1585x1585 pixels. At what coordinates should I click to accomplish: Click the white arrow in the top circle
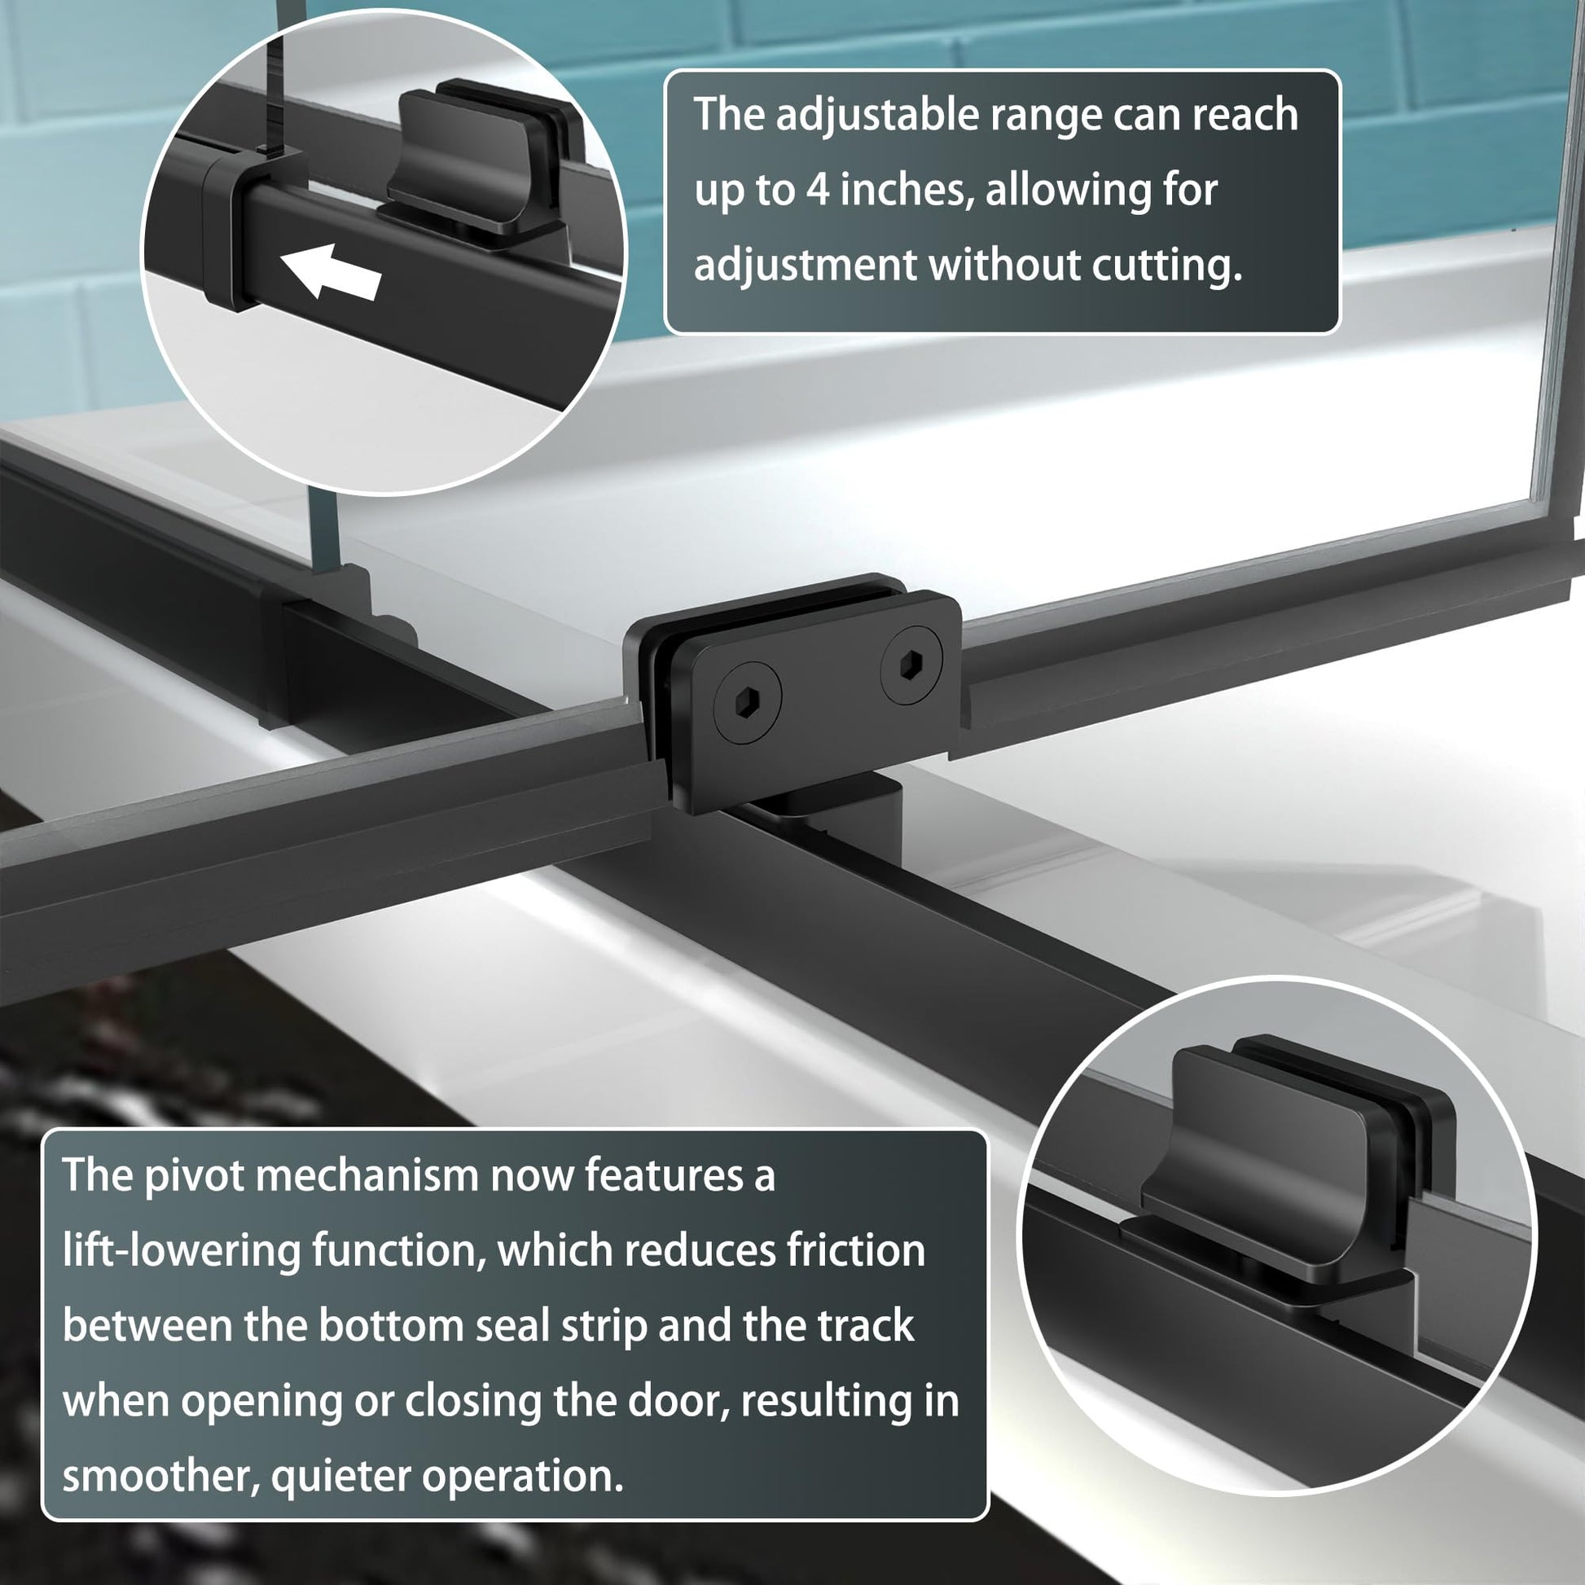pos(330,271)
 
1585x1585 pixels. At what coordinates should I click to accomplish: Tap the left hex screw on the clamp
pos(747,696)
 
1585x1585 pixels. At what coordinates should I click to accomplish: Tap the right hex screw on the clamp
pos(911,665)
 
